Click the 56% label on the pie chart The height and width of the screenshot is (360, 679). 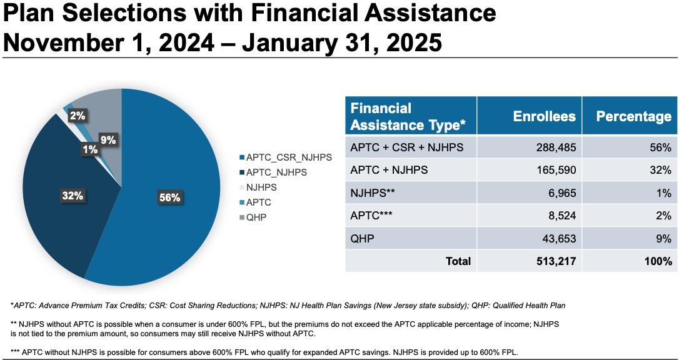pos(169,197)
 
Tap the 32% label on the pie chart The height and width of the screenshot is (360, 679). pos(73,196)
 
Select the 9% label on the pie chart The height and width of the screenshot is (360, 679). pos(108,141)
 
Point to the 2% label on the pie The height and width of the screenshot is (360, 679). pos(77,116)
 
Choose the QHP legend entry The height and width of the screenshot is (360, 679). pos(257,217)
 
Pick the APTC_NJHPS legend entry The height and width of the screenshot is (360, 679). pos(277,172)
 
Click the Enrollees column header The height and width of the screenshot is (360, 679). pos(544,116)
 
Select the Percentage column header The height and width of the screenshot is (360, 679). pos(633,116)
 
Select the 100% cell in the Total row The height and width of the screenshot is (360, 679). pos(657,261)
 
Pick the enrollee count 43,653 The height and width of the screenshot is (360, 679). pos(556,238)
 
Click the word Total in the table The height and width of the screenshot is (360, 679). pos(458,261)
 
